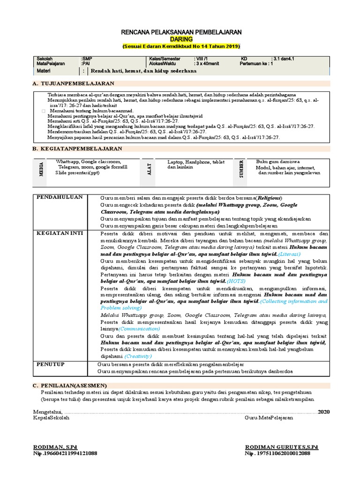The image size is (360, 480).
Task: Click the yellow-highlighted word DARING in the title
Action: (x=181, y=39)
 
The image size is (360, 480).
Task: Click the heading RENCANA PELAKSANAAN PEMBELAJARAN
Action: (x=181, y=32)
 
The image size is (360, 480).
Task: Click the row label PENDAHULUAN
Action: (x=60, y=197)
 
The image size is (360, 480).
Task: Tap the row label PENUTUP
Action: (x=51, y=364)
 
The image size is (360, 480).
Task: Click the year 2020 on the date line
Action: (x=323, y=411)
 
